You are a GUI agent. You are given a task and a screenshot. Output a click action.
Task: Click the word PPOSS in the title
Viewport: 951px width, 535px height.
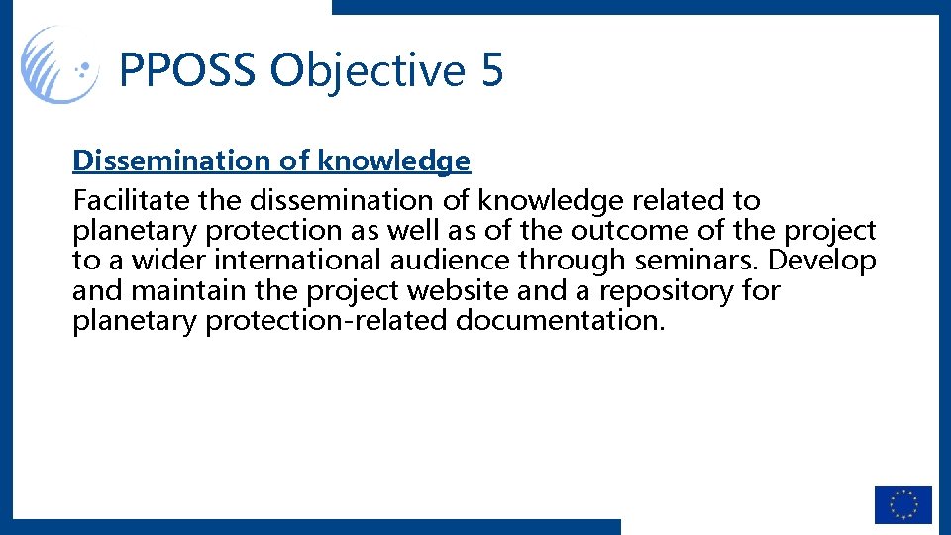[188, 71]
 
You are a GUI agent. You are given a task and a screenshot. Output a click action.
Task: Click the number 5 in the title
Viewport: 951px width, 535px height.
[491, 71]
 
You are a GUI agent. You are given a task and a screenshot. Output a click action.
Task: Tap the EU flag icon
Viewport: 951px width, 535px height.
[902, 504]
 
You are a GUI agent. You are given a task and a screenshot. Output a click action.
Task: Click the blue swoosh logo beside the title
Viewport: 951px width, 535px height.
[59, 64]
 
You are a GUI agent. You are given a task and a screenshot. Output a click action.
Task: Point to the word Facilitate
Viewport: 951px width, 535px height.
[131, 200]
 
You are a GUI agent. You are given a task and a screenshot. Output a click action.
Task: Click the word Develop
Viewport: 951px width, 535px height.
[823, 261]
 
